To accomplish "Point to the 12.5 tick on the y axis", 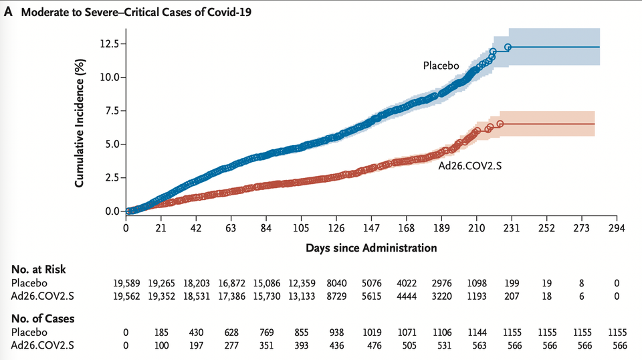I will coord(107,43).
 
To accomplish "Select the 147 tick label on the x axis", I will coord(372,228).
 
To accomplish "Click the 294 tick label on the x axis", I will coord(617,228).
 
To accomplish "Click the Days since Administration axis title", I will coord(371,248).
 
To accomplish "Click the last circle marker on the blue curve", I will coord(508,47).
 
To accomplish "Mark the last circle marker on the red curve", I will coord(500,124).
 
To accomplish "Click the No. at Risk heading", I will coord(37,269).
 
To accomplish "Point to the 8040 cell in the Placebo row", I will coord(337,282).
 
